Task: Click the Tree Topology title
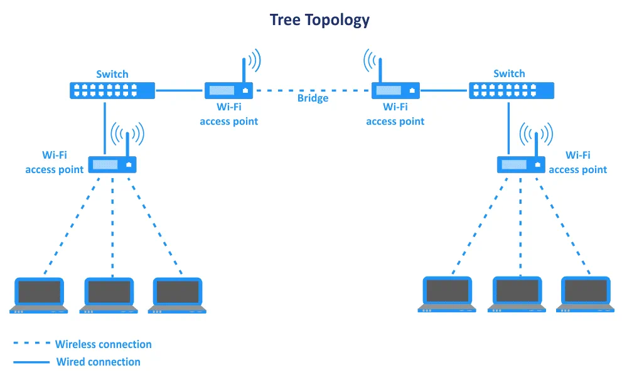319,20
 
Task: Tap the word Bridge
313,98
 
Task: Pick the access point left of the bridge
228,90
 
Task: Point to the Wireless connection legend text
103,344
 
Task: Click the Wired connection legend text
98,362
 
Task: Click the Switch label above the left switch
112,74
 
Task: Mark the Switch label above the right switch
509,74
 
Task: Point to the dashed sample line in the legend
31,344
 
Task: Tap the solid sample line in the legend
31,362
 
